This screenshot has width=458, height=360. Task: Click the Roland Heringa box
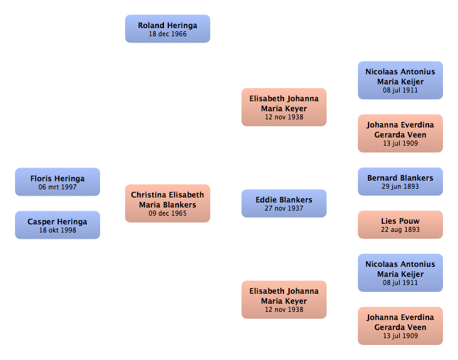pos(167,29)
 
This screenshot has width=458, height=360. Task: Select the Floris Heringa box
pos(58,182)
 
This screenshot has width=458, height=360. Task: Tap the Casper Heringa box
pos(58,225)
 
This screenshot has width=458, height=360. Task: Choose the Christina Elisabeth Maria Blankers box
pos(167,203)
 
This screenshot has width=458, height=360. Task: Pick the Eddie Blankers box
pos(284,203)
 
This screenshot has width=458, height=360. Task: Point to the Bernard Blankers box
pos(400,181)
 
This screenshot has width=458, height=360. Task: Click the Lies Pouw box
pos(400,224)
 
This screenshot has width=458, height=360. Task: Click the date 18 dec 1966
pos(168,34)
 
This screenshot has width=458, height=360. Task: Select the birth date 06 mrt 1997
pos(58,187)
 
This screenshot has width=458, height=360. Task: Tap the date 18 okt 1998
pos(58,230)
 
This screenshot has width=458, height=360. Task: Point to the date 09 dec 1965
pos(167,213)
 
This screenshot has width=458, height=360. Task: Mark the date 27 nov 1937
pos(284,208)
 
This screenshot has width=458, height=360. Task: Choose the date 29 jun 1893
pos(400,186)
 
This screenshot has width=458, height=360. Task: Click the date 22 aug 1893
pos(400,229)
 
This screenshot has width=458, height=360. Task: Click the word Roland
pos(151,26)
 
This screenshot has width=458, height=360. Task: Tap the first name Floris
pos(41,179)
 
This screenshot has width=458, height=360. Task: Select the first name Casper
pos(41,222)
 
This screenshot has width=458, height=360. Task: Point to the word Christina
pos(149,195)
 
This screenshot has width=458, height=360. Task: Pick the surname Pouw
pos(410,221)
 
